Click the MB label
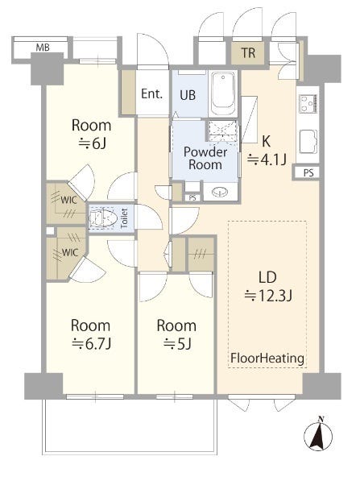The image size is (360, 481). pos(43,48)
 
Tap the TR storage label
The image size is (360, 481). pos(248,52)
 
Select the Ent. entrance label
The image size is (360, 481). pos(151,93)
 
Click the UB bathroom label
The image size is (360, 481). pos(188,95)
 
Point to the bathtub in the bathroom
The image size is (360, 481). pos(224,93)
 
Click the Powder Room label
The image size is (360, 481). pos(205,158)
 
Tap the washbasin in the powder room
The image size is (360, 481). pos(220,193)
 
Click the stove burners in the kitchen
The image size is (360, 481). pos(308,103)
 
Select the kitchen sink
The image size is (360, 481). pos(308,142)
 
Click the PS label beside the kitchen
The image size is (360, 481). pos(308,173)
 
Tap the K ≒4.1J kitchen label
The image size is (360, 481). pos(267,151)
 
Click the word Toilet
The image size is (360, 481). pos(124,218)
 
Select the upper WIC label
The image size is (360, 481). pos(69,200)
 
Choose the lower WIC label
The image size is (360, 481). pos(70,253)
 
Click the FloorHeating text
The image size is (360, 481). pos(267,358)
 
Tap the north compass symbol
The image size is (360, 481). pos(318,435)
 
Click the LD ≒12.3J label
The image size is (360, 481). pos(268,287)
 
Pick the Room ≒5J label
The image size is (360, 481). pos(176,334)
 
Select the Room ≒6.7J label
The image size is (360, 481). pos(91,334)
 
